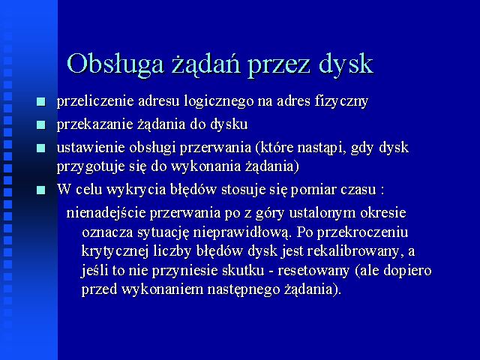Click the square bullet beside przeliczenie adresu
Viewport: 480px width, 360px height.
coord(41,102)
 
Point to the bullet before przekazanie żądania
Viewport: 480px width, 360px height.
coord(41,125)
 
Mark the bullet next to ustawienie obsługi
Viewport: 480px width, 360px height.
coord(41,148)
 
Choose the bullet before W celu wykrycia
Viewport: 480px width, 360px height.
coord(41,190)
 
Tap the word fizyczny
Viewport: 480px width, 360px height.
coord(341,102)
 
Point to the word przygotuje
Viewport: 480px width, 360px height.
coord(87,167)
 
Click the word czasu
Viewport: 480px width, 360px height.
coord(358,190)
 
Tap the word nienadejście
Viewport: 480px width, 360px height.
coord(106,213)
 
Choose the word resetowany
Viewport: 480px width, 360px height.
coord(313,271)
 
